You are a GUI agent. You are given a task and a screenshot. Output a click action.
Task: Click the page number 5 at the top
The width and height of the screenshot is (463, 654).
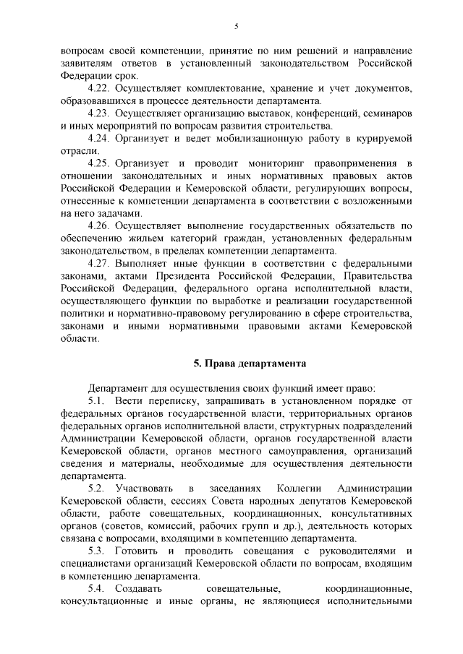(236, 27)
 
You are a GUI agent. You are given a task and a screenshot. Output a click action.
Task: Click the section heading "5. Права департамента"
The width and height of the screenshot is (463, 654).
(237, 362)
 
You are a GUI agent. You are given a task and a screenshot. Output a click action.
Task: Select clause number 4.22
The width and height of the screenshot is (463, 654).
(98, 88)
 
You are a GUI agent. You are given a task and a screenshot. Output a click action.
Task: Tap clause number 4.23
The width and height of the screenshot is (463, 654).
(98, 114)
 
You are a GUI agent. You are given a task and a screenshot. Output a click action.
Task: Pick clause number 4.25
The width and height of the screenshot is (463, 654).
(98, 164)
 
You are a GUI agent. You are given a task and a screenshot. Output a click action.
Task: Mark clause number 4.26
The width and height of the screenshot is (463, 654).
(98, 225)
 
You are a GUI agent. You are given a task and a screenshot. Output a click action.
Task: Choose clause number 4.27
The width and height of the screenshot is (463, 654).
(98, 264)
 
